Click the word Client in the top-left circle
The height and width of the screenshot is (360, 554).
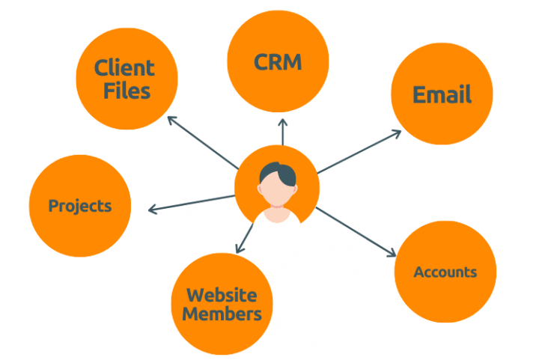pyautogui.click(x=124, y=67)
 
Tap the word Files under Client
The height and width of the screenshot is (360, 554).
pyautogui.click(x=127, y=91)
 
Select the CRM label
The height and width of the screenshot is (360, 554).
pyautogui.click(x=278, y=62)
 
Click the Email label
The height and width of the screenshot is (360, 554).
pyautogui.click(x=442, y=94)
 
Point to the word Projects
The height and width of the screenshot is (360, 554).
pyautogui.click(x=80, y=206)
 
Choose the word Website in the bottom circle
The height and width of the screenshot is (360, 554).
pyautogui.click(x=222, y=295)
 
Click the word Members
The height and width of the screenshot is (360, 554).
pyautogui.click(x=222, y=314)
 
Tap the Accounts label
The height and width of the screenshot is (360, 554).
pyautogui.click(x=445, y=272)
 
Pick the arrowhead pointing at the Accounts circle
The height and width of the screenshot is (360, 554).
pyautogui.click(x=392, y=253)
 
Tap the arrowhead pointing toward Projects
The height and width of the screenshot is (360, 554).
pyautogui.click(x=153, y=210)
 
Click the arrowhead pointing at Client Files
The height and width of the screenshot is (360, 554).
pyautogui.click(x=171, y=120)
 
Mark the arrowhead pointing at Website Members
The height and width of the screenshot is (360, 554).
pyautogui.click(x=240, y=248)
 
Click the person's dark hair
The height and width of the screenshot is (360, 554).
pyautogui.click(x=278, y=173)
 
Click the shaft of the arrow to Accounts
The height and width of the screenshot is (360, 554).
pyautogui.click(x=356, y=232)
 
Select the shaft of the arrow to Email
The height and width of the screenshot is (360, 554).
pyautogui.click(x=359, y=152)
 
